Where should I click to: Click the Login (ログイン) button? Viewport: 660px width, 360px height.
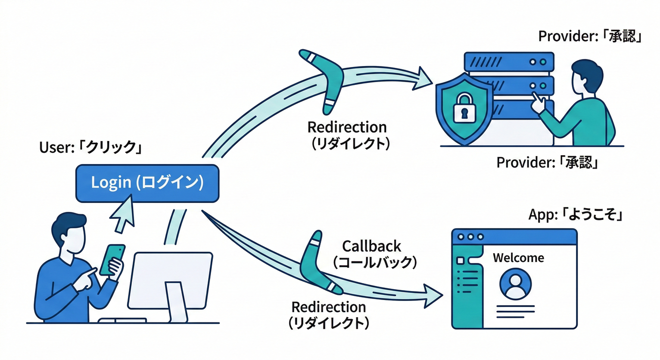pos(147,183)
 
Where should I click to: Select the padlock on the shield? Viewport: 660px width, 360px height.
pos(464,108)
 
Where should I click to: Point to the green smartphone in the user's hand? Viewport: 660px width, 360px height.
pos(113,259)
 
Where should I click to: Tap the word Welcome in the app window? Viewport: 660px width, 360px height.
pos(518,258)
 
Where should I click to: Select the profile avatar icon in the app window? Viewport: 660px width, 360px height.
pos(516,284)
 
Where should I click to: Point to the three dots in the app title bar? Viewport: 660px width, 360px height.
pos(470,237)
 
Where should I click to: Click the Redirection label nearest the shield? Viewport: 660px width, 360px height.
pos(347,135)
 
